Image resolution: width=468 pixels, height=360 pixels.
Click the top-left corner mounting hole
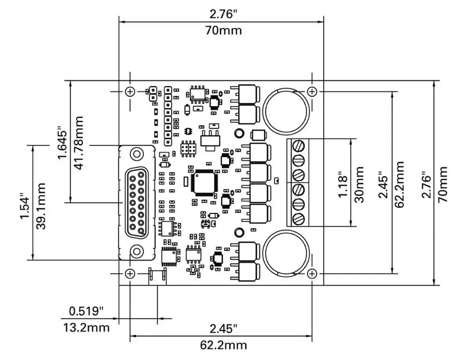pos(130,91)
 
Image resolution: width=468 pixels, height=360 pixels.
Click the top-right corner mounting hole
pos(313,91)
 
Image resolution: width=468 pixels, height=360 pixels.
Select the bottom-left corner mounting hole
pos(130,273)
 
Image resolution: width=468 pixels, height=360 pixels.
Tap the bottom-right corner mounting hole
pos(313,273)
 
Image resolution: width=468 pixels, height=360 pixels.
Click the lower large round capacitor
pos(286,254)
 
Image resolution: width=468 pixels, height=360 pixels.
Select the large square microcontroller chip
pos(203,182)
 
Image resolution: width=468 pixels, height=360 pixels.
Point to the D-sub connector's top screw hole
pos(137,153)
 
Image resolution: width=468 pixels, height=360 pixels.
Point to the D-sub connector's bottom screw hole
pos(137,251)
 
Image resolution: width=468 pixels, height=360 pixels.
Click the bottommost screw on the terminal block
pos(299,218)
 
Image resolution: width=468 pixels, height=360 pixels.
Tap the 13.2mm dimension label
pos(86,327)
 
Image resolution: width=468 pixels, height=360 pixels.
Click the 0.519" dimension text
pos(86,311)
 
